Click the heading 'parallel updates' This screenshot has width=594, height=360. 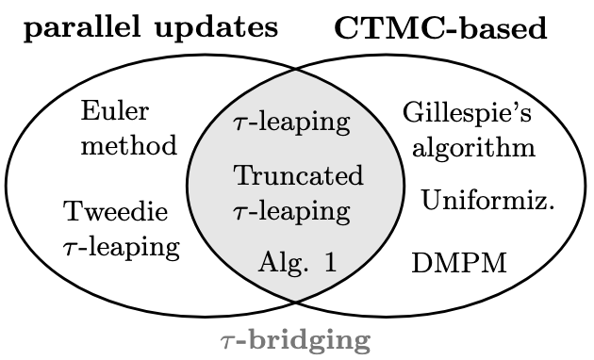coord(152,27)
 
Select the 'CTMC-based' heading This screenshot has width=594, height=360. coord(440,28)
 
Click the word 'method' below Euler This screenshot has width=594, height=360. coord(128,145)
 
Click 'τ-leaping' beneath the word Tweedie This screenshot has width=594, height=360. coord(121,247)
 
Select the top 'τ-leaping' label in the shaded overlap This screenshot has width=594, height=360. coord(291,123)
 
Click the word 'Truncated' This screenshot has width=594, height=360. coord(298,176)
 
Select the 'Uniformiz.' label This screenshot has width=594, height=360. coord(487,200)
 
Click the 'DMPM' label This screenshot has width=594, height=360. coord(459,263)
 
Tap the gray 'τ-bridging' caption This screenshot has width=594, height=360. coord(295,340)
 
